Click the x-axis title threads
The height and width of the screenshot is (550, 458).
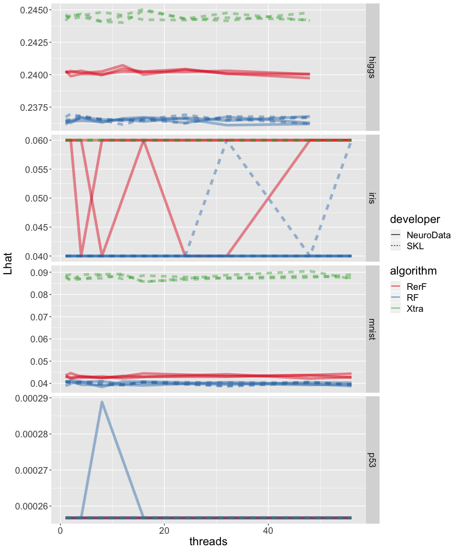pos(208,541)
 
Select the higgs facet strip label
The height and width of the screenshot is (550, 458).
pos(373,67)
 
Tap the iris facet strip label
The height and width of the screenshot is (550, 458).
pos(373,198)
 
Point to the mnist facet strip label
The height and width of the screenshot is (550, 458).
pos(373,329)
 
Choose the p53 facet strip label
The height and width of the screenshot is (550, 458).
pos(373,460)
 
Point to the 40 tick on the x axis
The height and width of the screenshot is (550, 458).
pos(268,530)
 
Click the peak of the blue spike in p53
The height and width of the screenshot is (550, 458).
pos(102,402)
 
